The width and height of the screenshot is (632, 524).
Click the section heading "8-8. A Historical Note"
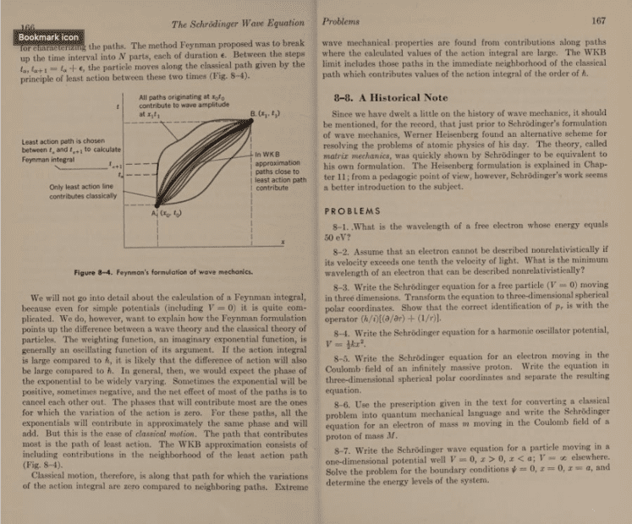tap(391, 98)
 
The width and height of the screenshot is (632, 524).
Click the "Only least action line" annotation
tap(76, 192)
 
